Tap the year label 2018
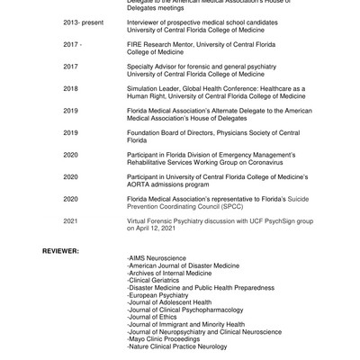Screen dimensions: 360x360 (x=70, y=87)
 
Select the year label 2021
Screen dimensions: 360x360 (x=70, y=220)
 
